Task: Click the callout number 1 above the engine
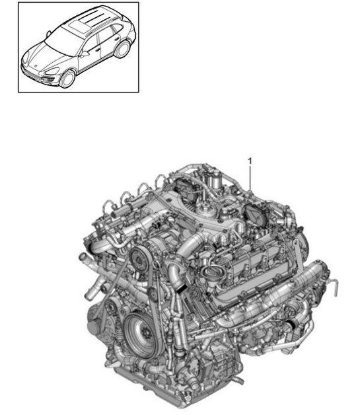[x=250, y=161]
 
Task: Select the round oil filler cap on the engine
[x=214, y=274]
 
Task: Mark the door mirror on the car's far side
[x=48, y=32]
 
